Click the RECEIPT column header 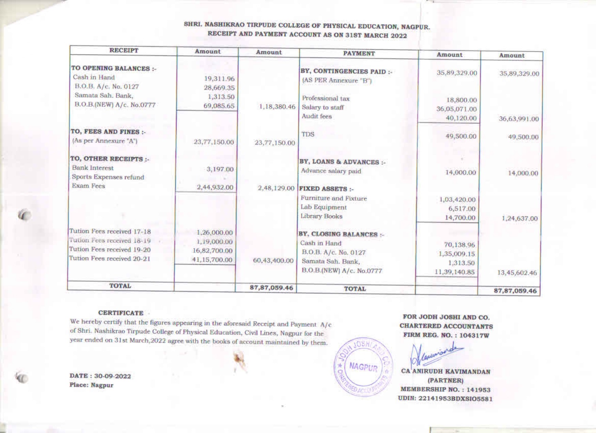pyautogui.click(x=124, y=50)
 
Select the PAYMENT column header pyautogui.click(x=359, y=53)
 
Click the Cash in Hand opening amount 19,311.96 pyautogui.click(x=219, y=79)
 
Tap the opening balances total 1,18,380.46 pyautogui.click(x=277, y=107)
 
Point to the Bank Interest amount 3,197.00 pyautogui.click(x=221, y=169)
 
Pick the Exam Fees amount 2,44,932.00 pyautogui.click(x=215, y=187)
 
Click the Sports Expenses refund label pyautogui.click(x=108, y=177)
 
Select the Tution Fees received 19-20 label pyautogui.click(x=110, y=249)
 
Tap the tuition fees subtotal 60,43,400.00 pyautogui.click(x=273, y=261)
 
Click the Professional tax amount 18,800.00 pyautogui.click(x=461, y=100)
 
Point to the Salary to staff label pyautogui.click(x=323, y=107)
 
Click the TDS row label pyautogui.click(x=308, y=134)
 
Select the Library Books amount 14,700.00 pyautogui.click(x=460, y=218)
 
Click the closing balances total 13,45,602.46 pyautogui.click(x=517, y=273)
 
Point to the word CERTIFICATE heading pyautogui.click(x=121, y=313)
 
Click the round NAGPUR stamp pyautogui.click(x=363, y=367)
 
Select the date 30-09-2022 pyautogui.click(x=112, y=376)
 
